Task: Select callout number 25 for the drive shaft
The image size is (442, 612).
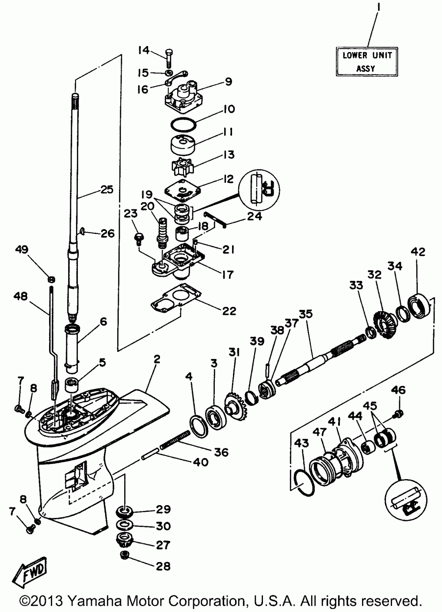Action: pyautogui.click(x=106, y=190)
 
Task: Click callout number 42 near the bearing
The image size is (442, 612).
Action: pyautogui.click(x=418, y=252)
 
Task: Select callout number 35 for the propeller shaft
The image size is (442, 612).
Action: pyautogui.click(x=305, y=314)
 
